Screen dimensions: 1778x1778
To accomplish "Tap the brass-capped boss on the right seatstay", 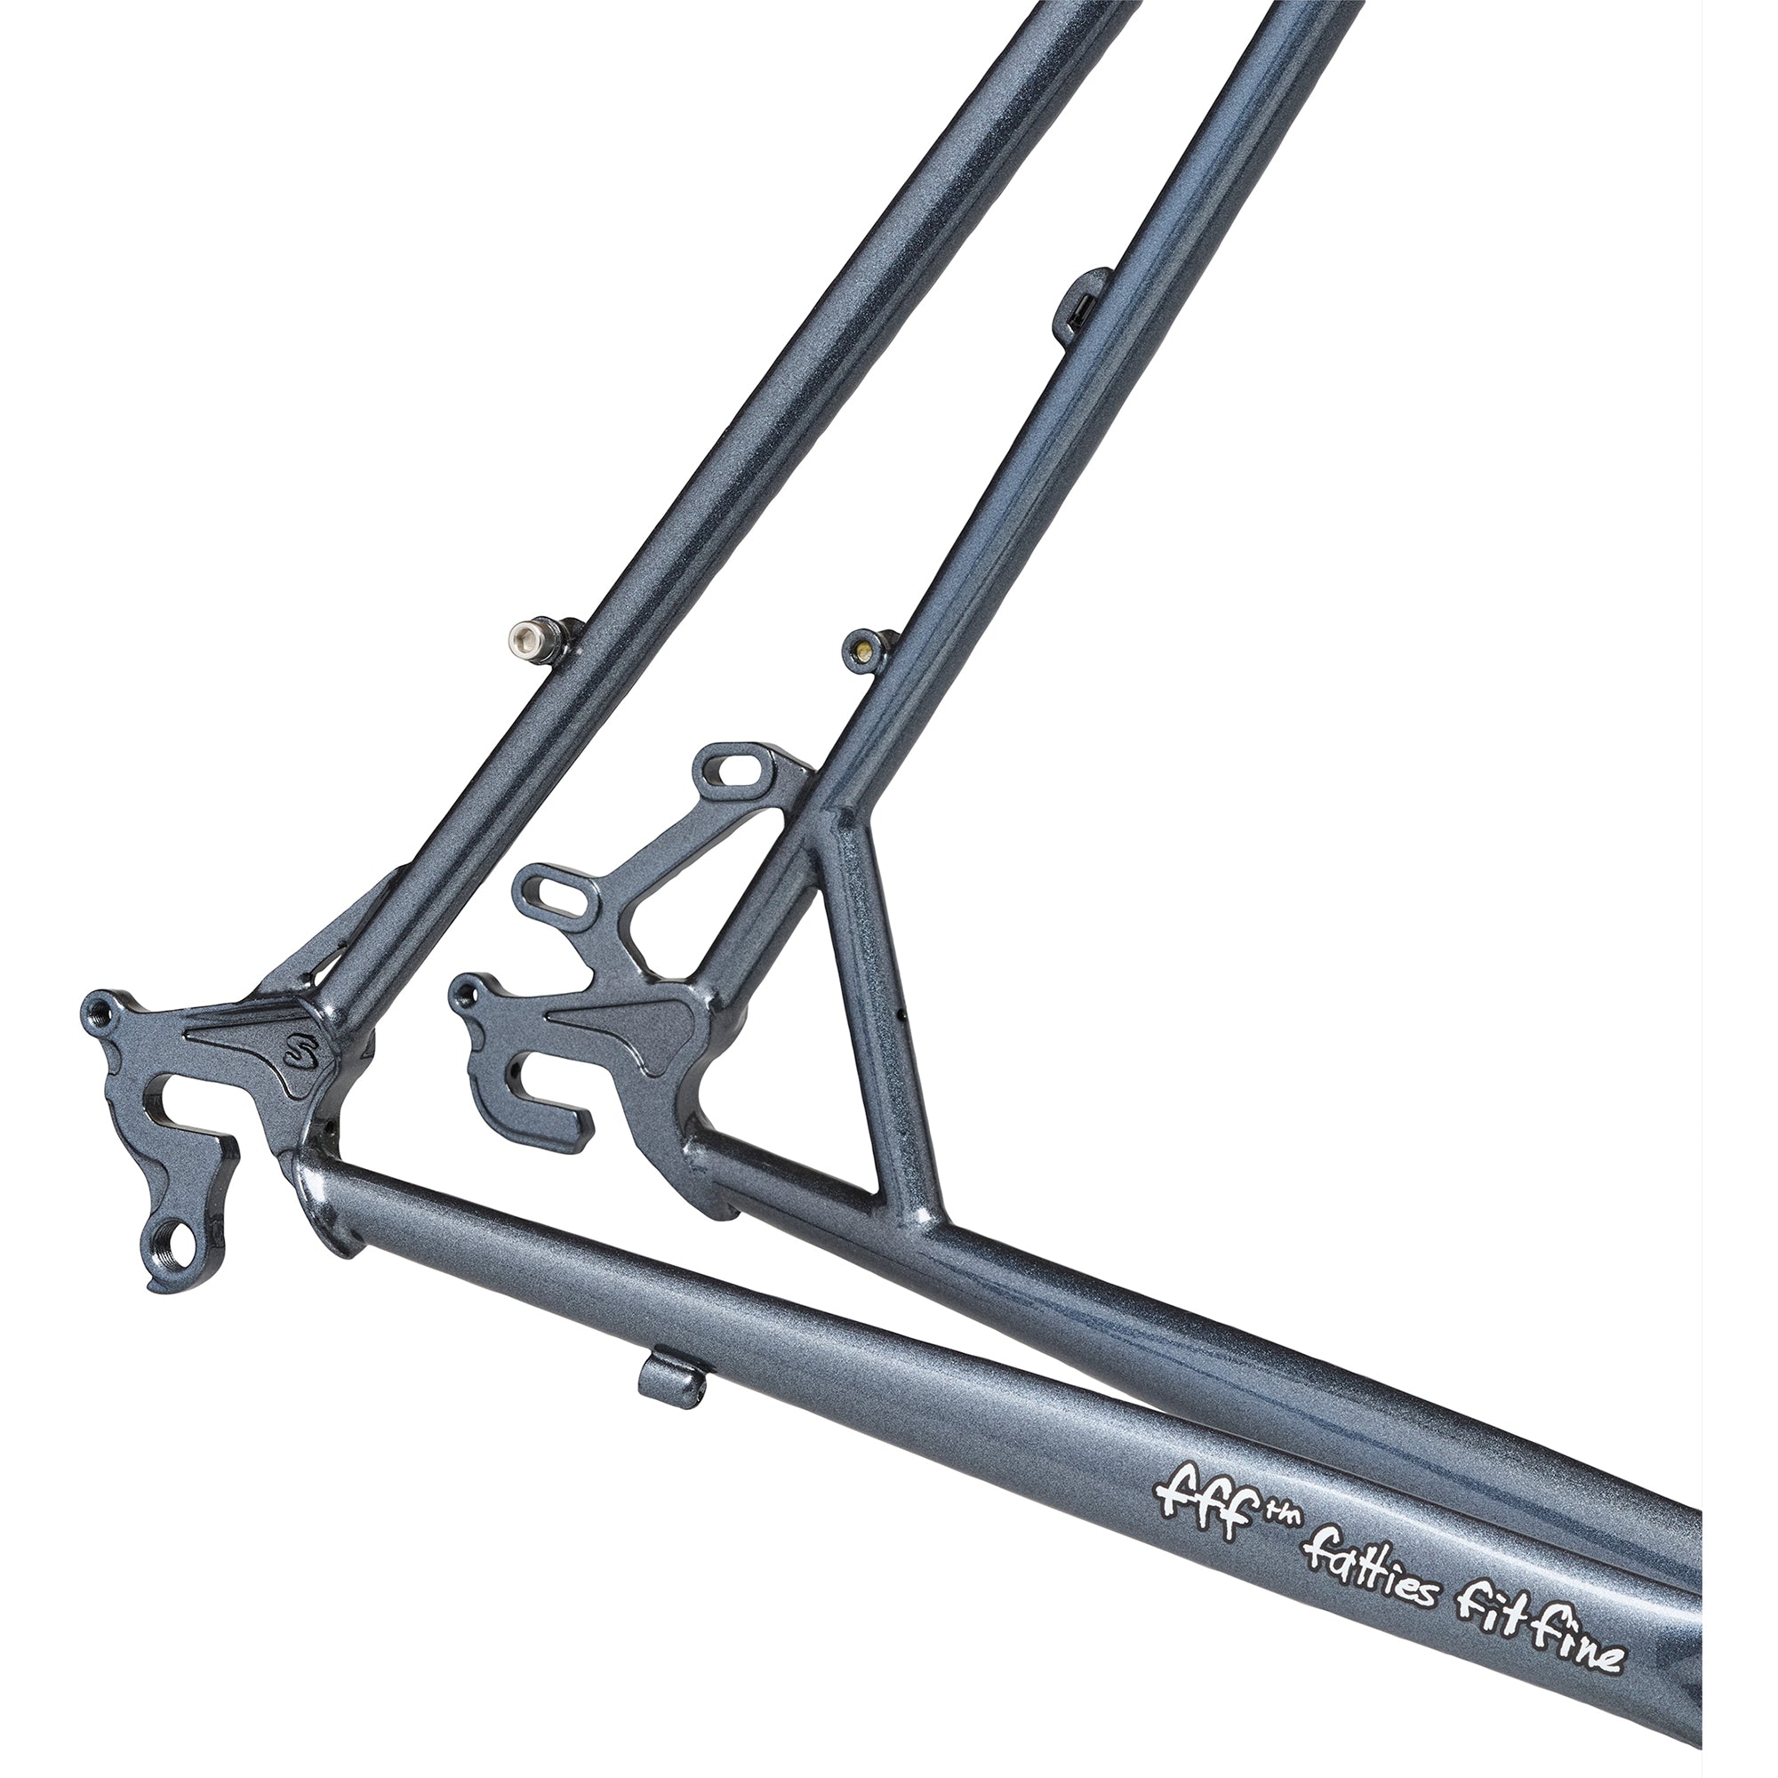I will pyautogui.click(x=861, y=648).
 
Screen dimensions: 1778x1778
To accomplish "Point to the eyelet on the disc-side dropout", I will pyautogui.click(x=469, y=992).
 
